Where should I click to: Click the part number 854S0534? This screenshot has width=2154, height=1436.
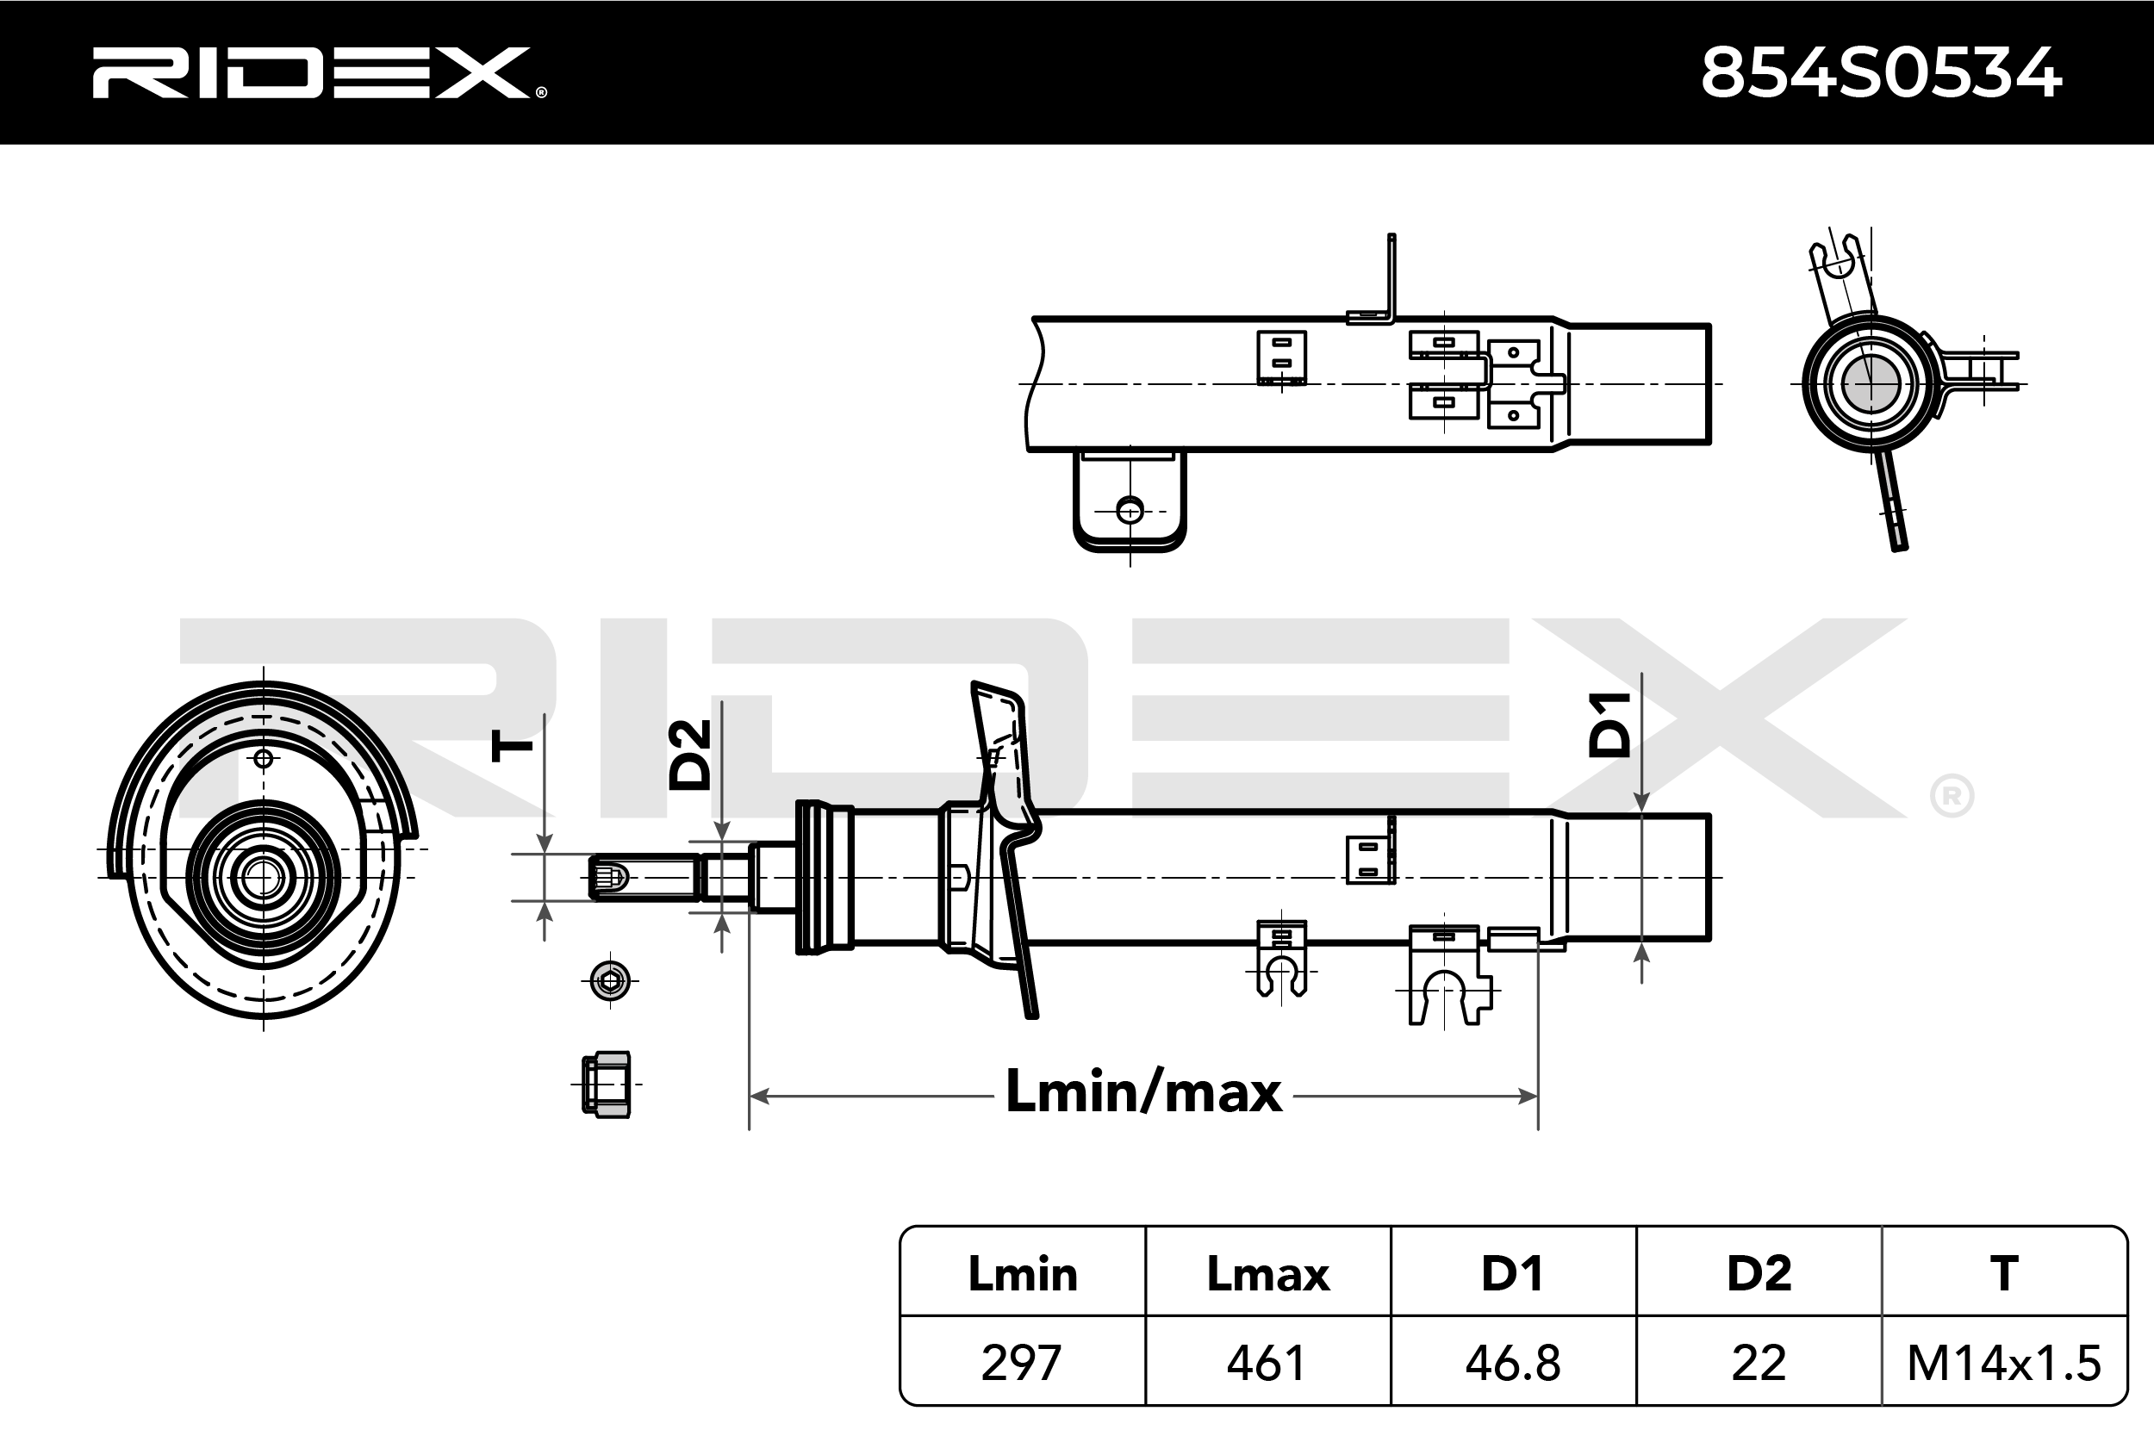(1881, 73)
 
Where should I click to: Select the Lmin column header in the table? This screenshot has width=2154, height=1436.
(1022, 1274)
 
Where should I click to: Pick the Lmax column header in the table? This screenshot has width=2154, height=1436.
(1267, 1274)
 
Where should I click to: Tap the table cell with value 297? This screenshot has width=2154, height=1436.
(1022, 1363)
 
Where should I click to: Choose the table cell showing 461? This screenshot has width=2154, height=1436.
(1267, 1363)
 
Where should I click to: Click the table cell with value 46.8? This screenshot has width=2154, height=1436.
(1513, 1363)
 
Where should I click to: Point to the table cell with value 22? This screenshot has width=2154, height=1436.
(1759, 1363)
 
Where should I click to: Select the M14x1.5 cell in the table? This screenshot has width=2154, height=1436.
(2004, 1363)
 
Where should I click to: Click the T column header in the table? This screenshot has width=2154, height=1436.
(2004, 1274)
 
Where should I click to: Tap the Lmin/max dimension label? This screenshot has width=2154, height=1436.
(1143, 1092)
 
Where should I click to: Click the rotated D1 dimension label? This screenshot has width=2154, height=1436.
(1609, 725)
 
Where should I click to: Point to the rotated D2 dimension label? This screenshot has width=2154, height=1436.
(689, 755)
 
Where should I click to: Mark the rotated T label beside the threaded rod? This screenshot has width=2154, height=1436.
(511, 745)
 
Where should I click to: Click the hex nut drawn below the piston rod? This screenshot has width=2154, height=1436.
(607, 1085)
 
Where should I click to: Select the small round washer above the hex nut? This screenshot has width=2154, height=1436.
(611, 981)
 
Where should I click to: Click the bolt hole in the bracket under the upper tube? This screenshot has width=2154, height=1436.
(1130, 510)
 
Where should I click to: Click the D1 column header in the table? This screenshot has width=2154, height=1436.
(1513, 1274)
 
